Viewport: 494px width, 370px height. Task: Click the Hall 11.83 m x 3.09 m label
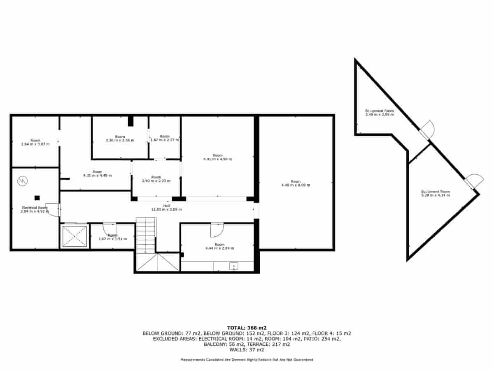click(166, 208)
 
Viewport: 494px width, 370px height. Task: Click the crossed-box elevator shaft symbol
click(75, 236)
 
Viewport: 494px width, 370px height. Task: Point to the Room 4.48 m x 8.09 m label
click(296, 183)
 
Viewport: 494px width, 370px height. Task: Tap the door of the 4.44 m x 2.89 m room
click(216, 230)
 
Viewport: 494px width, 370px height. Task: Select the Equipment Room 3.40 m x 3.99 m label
click(379, 113)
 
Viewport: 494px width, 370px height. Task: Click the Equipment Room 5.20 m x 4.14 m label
click(435, 193)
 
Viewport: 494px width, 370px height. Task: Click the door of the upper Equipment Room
click(427, 130)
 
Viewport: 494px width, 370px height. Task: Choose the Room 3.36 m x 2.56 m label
click(120, 139)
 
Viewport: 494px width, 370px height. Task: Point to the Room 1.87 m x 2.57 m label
click(165, 138)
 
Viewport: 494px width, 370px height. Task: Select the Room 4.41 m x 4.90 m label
click(217, 157)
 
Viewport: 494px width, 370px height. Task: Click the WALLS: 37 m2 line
click(247, 350)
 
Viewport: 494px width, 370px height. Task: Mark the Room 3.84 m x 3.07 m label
click(35, 142)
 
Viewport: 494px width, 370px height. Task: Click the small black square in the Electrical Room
click(37, 198)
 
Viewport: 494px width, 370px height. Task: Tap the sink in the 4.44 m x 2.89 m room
click(233, 267)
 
